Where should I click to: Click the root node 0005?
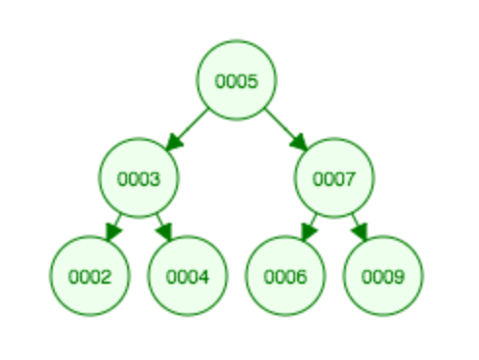(237, 80)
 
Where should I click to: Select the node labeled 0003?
(139, 178)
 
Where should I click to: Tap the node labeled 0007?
(334, 178)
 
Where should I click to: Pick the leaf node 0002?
(90, 276)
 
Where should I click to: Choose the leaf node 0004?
(188, 276)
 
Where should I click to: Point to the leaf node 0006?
(285, 276)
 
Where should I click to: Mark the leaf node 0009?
(383, 276)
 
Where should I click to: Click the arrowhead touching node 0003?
(173, 143)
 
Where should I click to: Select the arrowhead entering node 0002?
(111, 233)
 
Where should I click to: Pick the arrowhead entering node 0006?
(307, 233)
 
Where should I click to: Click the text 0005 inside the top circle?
(237, 80)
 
